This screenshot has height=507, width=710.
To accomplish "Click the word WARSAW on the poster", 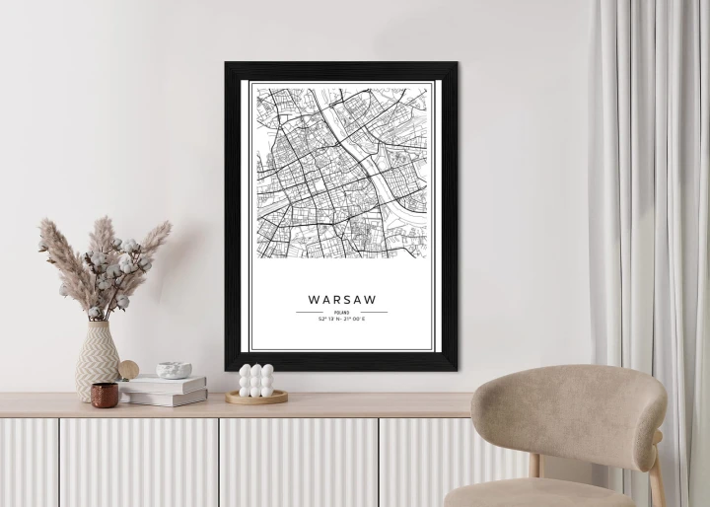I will click(341, 298).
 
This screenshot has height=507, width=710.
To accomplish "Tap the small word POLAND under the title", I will click(341, 312).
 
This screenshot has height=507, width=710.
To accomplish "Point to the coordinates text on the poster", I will click(341, 320).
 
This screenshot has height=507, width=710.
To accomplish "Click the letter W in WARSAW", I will click(314, 298).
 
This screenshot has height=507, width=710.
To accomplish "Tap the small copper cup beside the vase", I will click(105, 395).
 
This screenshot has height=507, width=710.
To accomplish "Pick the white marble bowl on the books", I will click(175, 370).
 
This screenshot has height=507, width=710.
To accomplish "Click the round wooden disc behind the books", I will click(129, 370).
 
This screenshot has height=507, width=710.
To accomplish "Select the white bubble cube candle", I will click(256, 381).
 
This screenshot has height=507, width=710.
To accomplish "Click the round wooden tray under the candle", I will click(256, 398).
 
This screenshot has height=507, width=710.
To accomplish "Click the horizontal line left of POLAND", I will click(309, 312).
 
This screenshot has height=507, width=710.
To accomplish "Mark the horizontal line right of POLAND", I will click(374, 312).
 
